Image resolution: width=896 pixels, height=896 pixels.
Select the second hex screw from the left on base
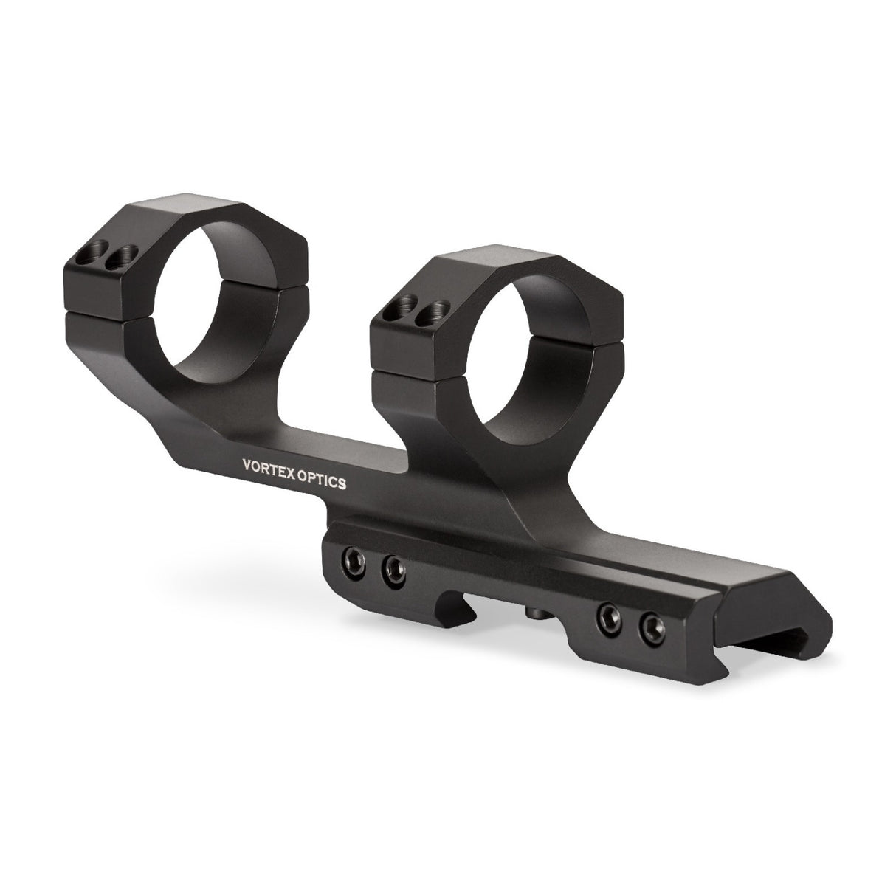(x=393, y=568)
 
